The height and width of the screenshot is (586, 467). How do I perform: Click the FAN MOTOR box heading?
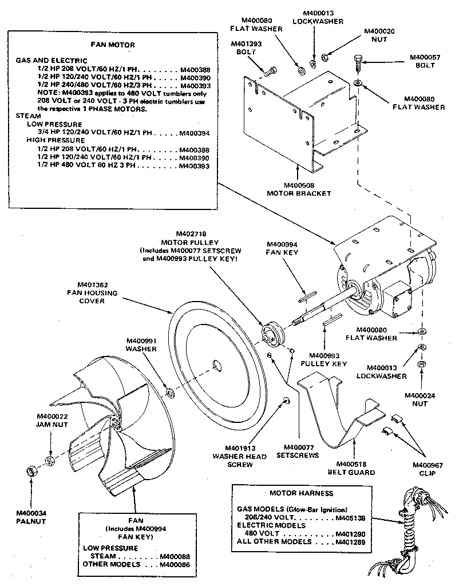(x=113, y=44)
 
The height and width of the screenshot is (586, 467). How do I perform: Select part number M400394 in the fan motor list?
(x=194, y=133)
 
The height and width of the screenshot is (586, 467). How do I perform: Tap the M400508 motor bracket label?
(x=299, y=189)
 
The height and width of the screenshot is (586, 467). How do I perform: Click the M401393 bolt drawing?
(x=271, y=71)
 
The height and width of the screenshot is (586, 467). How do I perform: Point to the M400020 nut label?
(x=378, y=35)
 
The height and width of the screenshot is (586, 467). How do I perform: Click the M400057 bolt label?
(x=422, y=61)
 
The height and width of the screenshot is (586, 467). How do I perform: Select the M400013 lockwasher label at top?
(x=318, y=17)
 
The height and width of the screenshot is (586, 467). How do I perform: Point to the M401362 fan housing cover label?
(x=98, y=292)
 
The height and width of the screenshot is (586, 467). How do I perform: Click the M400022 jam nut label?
(x=52, y=420)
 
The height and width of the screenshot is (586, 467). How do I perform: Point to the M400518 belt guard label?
(x=351, y=468)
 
